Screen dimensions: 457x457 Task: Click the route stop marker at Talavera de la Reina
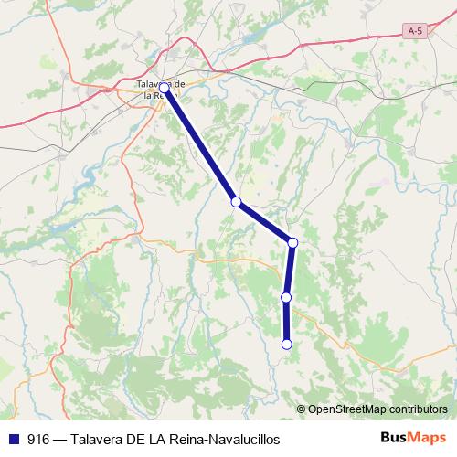point(165,89)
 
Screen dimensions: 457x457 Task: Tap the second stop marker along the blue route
point(236,202)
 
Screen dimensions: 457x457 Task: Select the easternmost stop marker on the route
point(292,242)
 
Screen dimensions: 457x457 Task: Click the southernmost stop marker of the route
point(286,345)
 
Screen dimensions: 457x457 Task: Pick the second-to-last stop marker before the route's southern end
point(286,297)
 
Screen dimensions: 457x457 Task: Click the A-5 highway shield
point(416,31)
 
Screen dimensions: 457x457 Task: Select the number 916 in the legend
point(38,439)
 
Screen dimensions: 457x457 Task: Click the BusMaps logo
point(413,438)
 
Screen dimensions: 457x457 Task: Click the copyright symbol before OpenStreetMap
point(302,409)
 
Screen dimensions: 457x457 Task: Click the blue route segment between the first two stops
point(200,145)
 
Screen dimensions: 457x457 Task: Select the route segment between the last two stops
point(286,321)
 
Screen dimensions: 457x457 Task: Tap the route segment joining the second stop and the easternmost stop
point(264,222)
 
